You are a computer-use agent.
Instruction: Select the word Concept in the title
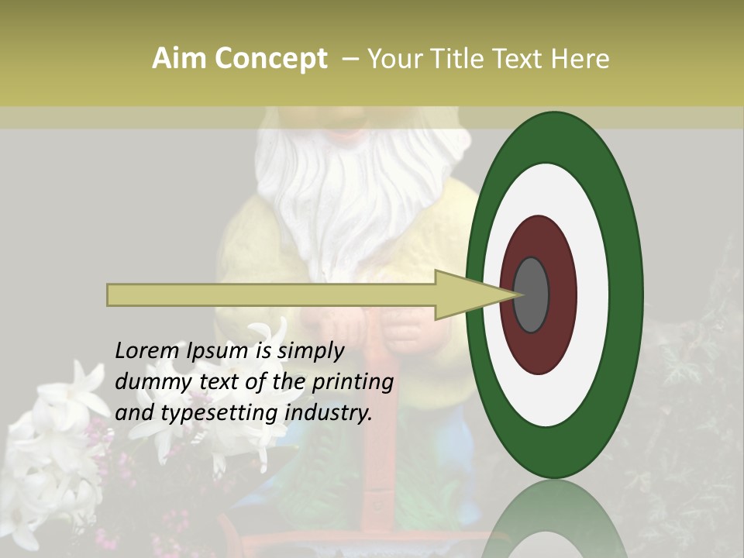pos(270,60)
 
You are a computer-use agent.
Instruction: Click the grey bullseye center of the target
pos(531,294)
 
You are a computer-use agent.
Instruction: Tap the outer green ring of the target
pos(624,294)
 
